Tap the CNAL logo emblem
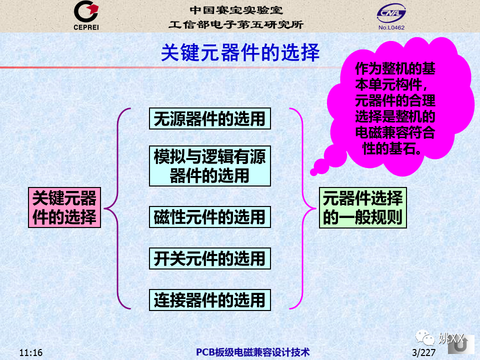[x=391, y=13]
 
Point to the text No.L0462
[x=391, y=27]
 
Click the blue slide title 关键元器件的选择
[x=240, y=52]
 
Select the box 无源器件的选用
[x=210, y=118]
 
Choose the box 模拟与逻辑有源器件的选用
[x=210, y=166]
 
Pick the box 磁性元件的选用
[x=210, y=217]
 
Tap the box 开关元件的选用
[x=210, y=258]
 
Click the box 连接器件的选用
[x=210, y=300]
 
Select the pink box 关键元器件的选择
[x=64, y=207]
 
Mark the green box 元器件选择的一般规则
[x=363, y=208]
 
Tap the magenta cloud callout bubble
[x=398, y=107]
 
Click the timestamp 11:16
[x=31, y=352]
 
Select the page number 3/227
[x=423, y=352]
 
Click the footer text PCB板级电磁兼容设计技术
[x=253, y=352]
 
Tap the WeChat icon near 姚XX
[x=425, y=337]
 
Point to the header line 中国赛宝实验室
[x=236, y=10]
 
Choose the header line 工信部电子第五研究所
[x=236, y=24]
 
